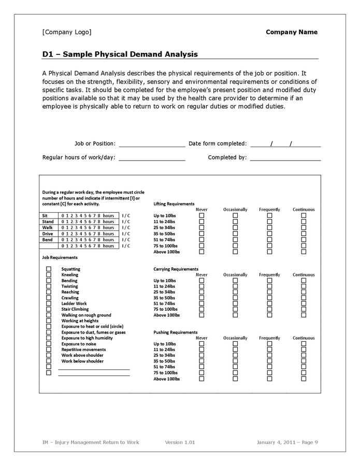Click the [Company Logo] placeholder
66,32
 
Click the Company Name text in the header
291,32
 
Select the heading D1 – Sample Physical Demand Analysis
120,54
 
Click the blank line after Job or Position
152,144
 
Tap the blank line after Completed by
285,158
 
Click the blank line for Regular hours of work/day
152,158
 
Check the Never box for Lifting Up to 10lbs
202,215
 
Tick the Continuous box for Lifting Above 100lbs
304,252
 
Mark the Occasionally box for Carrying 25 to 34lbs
235,292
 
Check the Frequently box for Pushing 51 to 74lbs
269,367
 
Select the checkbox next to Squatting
49,269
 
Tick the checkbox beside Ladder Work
49,303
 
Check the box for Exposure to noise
49,344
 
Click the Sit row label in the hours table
45,215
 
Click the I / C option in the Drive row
126,234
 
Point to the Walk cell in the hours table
47,228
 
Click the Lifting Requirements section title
174,204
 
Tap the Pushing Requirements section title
175,332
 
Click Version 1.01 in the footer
180,442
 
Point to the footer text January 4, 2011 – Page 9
287,442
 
